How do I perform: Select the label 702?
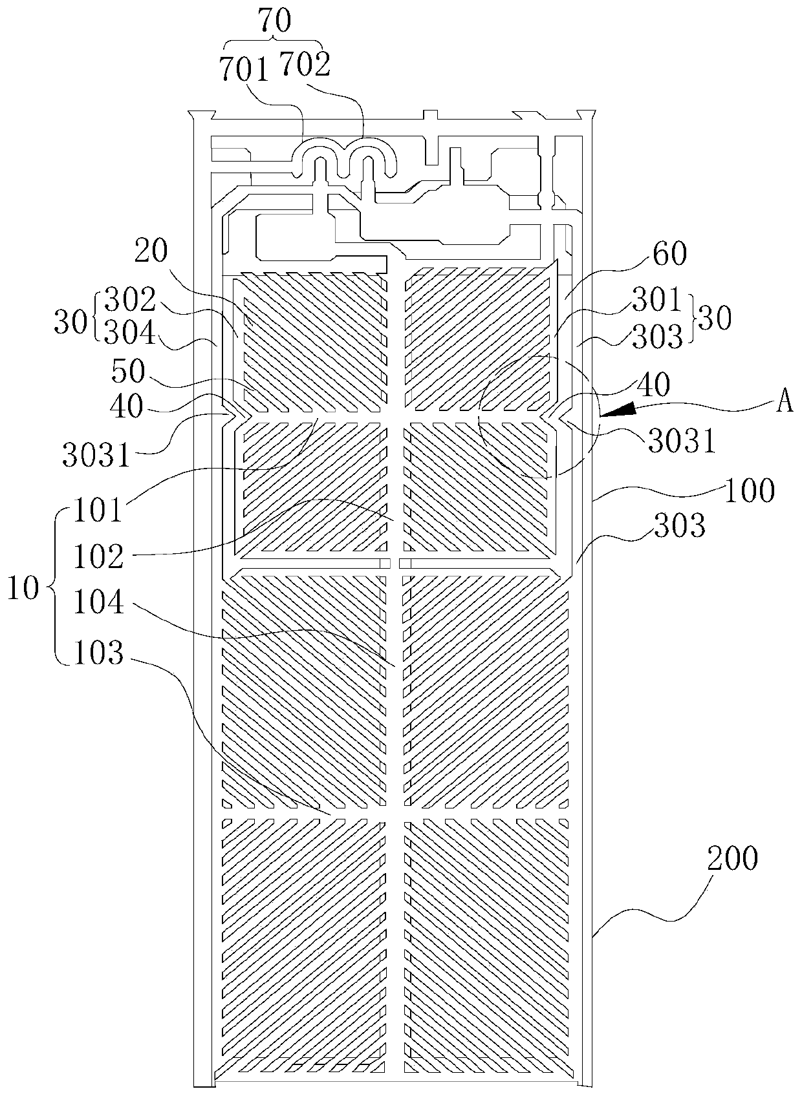304,64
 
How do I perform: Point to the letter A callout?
785,402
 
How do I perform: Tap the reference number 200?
732,859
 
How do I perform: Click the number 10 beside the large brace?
25,589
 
